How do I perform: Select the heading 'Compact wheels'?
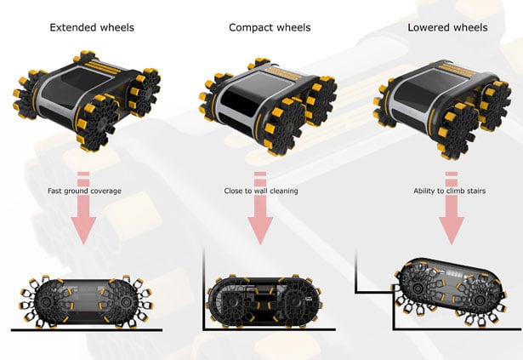pyautogui.click(x=270, y=27)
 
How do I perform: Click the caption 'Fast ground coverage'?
pyautogui.click(x=83, y=191)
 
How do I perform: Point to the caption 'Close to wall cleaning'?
pyautogui.click(x=261, y=191)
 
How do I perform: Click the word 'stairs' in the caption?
pyautogui.click(x=470, y=191)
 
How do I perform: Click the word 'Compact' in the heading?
pyautogui.click(x=251, y=27)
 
